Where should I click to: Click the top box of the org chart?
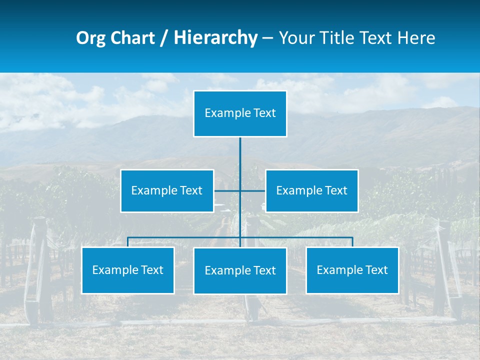coord(240,113)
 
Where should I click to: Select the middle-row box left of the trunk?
coord(167,190)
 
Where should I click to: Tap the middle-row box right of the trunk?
coord(311,190)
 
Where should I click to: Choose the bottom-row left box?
coord(128,270)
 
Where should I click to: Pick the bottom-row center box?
coord(240,270)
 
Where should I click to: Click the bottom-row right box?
coord(352,270)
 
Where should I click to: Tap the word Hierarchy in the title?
coord(215,38)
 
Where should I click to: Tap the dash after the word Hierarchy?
coord(267,38)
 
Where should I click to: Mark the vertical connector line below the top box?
coord(240,155)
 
